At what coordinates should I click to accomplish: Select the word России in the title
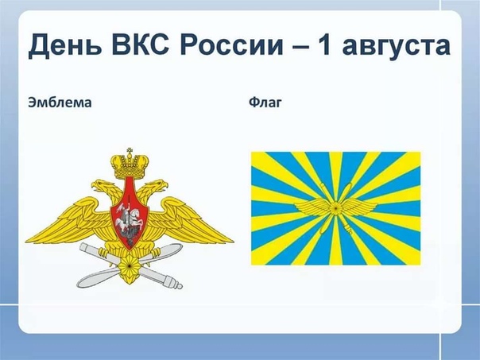[x=232, y=46]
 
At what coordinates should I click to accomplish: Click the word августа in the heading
[x=396, y=48]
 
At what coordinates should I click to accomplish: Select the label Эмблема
[x=60, y=103]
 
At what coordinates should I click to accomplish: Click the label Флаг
[x=265, y=103]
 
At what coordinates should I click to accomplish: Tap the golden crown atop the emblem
[x=130, y=165]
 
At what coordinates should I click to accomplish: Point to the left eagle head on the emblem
[x=99, y=185]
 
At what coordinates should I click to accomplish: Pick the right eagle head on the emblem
[x=159, y=185]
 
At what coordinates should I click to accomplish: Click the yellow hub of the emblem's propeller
[x=130, y=266]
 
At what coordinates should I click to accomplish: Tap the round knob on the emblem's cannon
[x=179, y=286]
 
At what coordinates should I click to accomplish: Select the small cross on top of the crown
[x=130, y=151]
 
